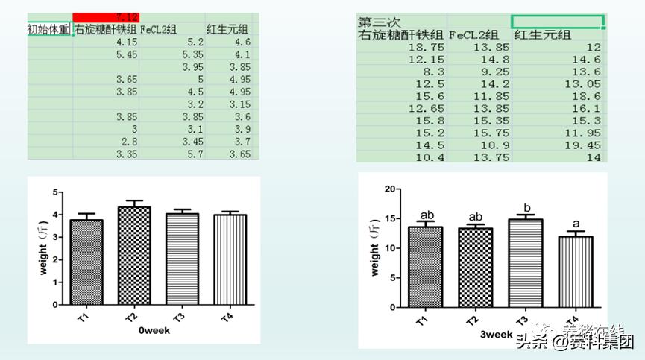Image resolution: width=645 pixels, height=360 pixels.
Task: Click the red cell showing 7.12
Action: (x=106, y=16)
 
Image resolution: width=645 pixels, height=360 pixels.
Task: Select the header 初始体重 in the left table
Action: (x=49, y=30)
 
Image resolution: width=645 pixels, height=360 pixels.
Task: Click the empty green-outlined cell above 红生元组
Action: (x=557, y=22)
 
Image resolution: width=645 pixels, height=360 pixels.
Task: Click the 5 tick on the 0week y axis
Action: (x=55, y=192)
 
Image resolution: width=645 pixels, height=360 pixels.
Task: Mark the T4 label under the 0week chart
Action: (x=225, y=317)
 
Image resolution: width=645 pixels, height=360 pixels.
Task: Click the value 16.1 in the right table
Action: (x=589, y=108)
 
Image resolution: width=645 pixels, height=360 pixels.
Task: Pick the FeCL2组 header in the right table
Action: (x=478, y=34)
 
